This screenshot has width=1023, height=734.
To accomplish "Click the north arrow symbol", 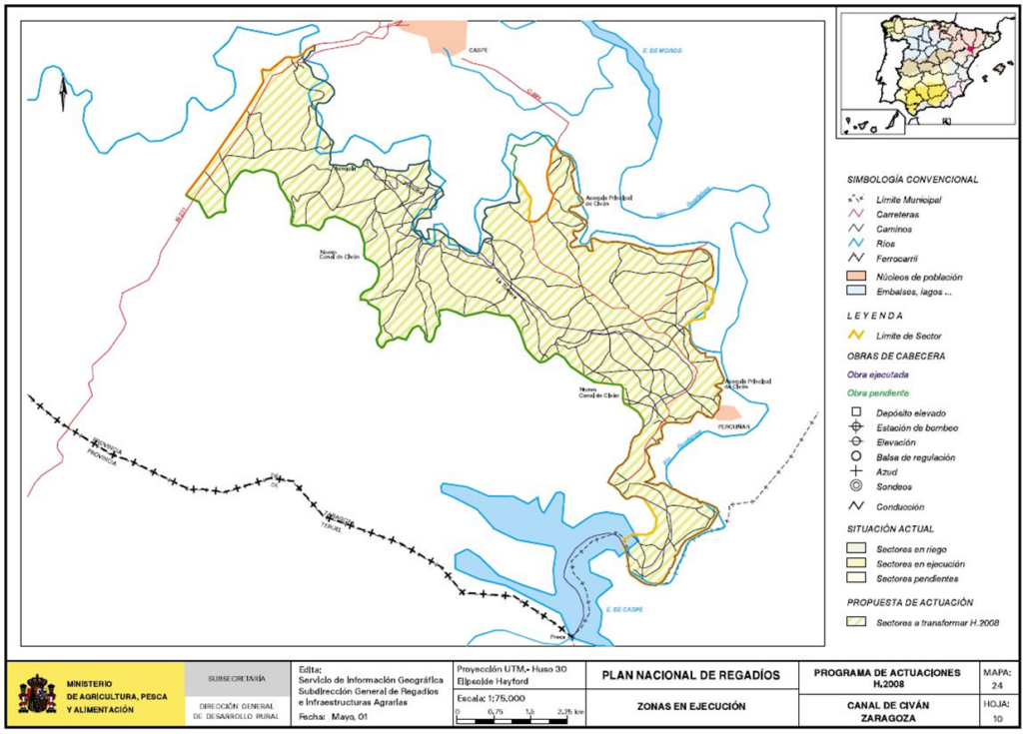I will click(61, 94).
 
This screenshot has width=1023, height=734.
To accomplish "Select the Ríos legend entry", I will click(888, 245).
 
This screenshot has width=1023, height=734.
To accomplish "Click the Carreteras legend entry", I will click(896, 214).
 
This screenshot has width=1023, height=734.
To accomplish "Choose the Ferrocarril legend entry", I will click(897, 260).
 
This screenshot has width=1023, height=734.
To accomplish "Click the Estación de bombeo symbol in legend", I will click(856, 426).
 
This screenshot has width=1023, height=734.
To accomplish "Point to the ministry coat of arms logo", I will click(37, 693).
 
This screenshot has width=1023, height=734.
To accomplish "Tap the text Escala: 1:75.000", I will click(490, 698).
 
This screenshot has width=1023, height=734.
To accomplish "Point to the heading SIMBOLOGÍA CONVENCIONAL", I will click(912, 180).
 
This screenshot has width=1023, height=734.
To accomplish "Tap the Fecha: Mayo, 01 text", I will click(333, 716).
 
